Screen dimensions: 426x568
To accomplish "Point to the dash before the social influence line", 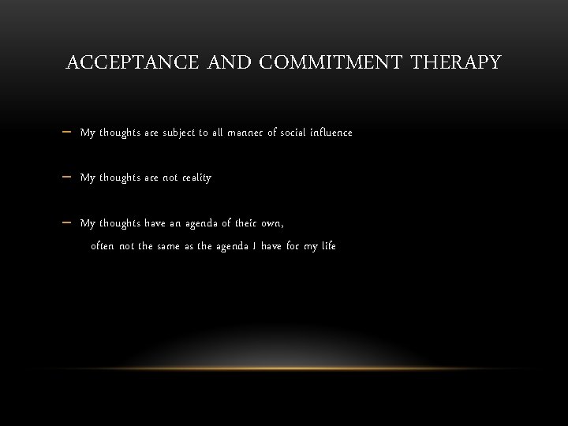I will tap(66, 133).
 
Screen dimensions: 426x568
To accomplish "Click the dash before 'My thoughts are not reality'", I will tap(66, 177).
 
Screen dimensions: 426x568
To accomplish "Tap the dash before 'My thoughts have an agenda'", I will tap(66, 223).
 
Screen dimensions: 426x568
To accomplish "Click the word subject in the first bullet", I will tap(181, 133).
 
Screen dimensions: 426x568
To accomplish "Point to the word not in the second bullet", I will tap(171, 177).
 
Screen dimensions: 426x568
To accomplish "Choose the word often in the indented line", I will tap(103, 246).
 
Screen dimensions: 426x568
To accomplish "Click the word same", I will tap(167, 246).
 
